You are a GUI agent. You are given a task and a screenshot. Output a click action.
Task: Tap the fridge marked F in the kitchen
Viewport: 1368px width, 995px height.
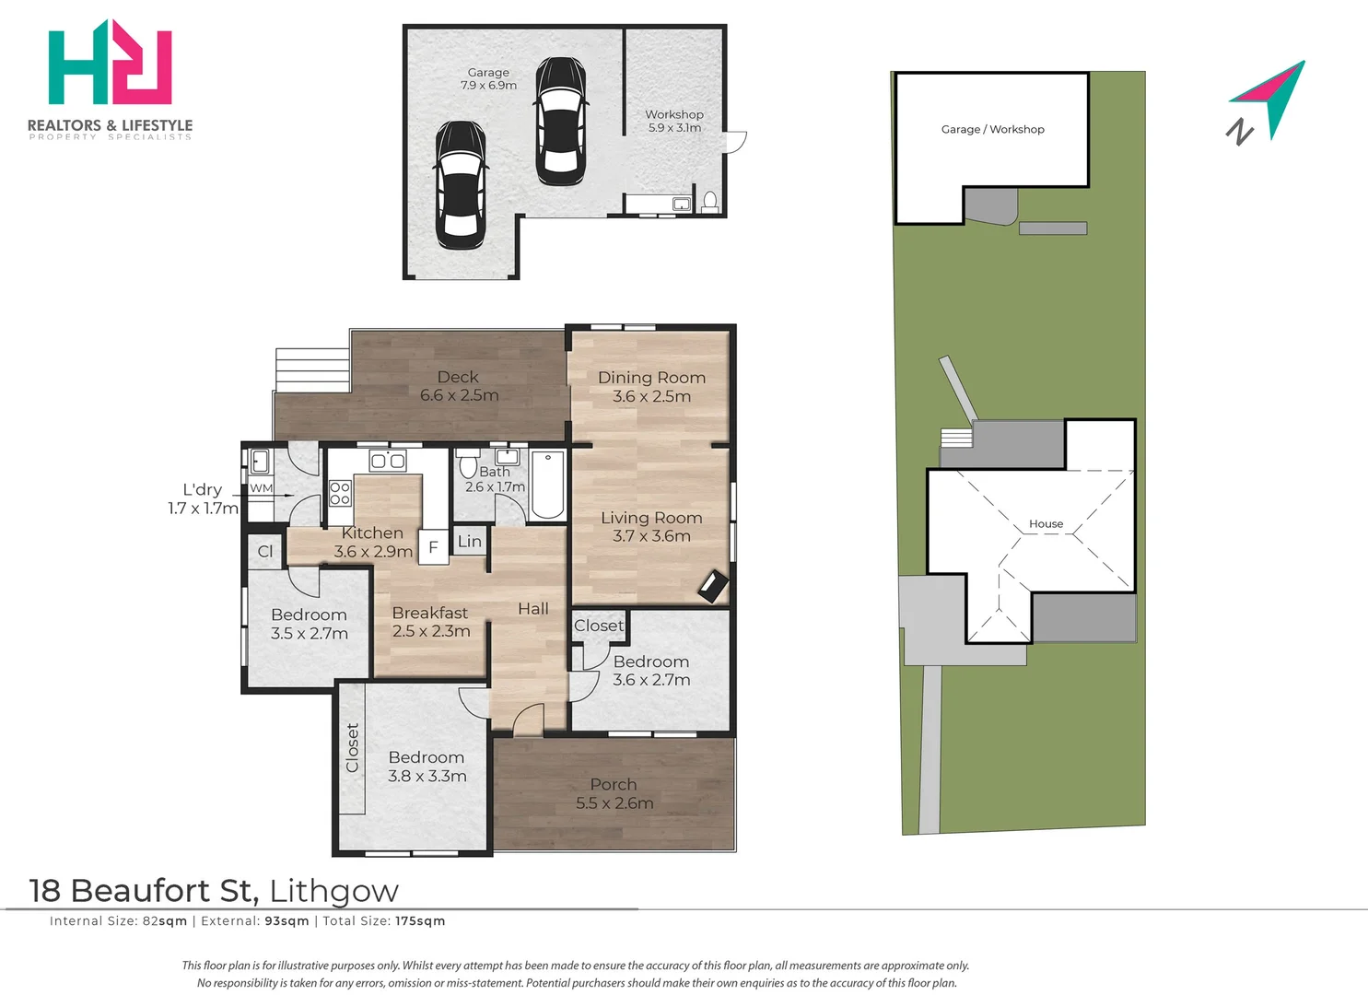434,546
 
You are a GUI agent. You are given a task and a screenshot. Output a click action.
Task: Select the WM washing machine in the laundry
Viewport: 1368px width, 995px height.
262,488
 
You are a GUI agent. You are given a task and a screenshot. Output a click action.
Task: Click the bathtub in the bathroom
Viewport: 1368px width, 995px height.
548,486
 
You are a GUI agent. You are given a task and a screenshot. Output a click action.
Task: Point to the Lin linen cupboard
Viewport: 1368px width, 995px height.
470,541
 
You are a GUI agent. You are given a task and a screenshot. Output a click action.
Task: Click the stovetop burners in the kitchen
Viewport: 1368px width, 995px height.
340,493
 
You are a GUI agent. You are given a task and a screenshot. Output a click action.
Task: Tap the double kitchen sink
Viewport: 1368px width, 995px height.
388,461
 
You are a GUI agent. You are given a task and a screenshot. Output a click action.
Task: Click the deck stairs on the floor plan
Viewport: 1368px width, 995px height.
312,370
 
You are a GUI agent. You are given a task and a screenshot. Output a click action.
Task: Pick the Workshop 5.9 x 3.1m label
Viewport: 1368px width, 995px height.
674,121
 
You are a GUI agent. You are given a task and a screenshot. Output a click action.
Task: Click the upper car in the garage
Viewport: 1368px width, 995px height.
561,121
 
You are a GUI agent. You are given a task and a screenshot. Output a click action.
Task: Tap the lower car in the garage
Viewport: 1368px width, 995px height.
462,184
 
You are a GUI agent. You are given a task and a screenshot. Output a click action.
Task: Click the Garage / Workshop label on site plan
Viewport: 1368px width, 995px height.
992,130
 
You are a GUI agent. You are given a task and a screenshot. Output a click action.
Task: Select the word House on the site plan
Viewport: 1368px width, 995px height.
1046,523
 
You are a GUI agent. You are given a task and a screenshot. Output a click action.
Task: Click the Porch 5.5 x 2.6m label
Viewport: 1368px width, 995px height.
614,793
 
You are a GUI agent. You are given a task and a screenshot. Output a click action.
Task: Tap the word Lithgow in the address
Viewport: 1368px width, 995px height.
334,891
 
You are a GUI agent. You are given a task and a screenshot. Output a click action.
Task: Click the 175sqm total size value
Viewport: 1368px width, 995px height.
420,921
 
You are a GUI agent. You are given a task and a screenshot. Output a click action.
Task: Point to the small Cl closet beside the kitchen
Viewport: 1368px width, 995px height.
265,552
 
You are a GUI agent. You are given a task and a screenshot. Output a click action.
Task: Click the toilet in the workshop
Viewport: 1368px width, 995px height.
710,202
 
